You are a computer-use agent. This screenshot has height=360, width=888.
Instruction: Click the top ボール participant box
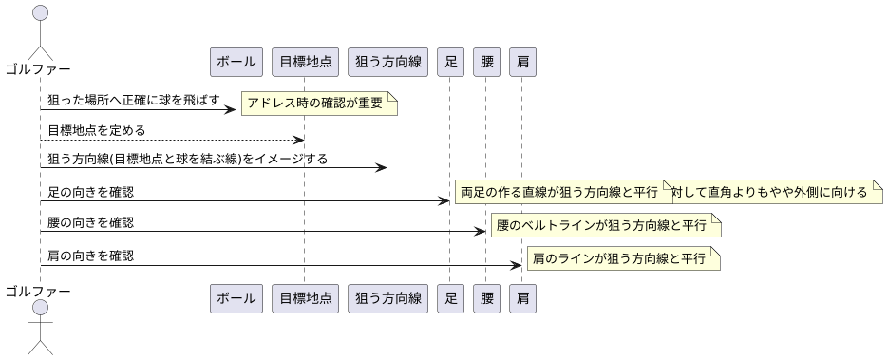(236, 62)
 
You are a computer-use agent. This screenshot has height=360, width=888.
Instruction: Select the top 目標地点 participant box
(304, 62)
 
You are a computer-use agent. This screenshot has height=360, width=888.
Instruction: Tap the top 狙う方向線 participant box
(387, 62)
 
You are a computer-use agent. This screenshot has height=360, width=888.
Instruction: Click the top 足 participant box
(450, 62)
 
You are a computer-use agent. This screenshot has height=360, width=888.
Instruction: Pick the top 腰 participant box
(485, 62)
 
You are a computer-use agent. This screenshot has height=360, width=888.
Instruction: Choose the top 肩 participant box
(522, 62)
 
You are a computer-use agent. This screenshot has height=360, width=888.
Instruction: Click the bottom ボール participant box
(236, 298)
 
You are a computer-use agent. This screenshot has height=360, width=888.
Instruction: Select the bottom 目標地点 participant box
(304, 298)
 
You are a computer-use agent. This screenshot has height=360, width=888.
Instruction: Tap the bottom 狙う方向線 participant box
(387, 298)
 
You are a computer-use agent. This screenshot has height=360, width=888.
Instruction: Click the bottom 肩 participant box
(522, 298)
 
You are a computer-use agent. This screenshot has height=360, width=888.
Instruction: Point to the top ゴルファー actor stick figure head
(39, 12)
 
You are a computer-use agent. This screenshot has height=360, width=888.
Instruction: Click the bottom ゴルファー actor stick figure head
(39, 309)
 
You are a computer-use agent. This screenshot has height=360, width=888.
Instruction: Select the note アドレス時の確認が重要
(318, 103)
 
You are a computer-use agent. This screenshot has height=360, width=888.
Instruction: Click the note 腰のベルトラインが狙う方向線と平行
(605, 226)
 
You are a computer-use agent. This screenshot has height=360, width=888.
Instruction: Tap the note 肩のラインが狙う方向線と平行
(622, 258)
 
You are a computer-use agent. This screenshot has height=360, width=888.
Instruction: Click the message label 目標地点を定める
(97, 130)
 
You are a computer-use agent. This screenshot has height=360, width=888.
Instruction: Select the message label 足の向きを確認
(90, 192)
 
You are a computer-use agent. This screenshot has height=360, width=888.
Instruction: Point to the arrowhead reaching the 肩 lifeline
(518, 265)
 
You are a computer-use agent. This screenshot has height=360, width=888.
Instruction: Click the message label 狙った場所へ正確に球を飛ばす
(133, 100)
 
